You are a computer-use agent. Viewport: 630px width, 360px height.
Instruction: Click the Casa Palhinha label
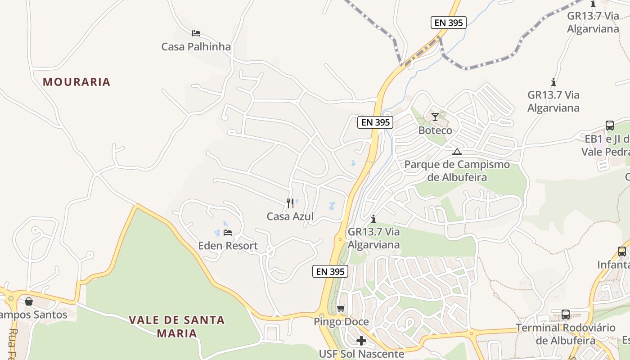[196, 46]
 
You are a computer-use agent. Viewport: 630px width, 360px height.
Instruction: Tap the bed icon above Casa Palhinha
[196, 33]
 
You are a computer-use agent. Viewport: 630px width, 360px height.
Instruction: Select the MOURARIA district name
[76, 82]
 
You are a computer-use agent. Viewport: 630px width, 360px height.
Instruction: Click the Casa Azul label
[290, 216]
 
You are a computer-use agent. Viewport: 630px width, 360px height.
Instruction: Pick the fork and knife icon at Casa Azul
[290, 203]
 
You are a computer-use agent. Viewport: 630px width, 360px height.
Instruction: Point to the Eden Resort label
[228, 246]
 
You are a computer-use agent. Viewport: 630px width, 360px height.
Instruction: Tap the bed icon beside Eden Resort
[228, 233]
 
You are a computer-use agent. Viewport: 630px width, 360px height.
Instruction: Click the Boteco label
[435, 130]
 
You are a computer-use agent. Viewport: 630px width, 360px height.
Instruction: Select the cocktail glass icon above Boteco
[435, 117]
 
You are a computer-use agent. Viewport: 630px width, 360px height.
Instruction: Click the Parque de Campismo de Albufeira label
[457, 171]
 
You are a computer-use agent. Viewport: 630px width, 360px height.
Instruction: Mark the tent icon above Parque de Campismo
[457, 152]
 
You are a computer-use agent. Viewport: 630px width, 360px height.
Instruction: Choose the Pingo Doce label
[341, 322]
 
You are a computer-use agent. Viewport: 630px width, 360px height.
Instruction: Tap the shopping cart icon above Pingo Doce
[341, 309]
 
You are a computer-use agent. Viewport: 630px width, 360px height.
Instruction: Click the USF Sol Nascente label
[361, 354]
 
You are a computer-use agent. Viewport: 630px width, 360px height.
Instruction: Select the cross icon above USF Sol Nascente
[361, 341]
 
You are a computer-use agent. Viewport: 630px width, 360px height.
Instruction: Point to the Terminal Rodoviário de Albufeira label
[565, 334]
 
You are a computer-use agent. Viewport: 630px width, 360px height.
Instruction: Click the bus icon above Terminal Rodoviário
[566, 315]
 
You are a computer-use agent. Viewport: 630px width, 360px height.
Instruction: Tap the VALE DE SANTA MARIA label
[176, 327]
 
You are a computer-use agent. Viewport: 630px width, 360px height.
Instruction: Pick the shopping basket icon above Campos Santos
[29, 301]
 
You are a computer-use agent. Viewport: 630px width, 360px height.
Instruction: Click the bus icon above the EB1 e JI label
[610, 126]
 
